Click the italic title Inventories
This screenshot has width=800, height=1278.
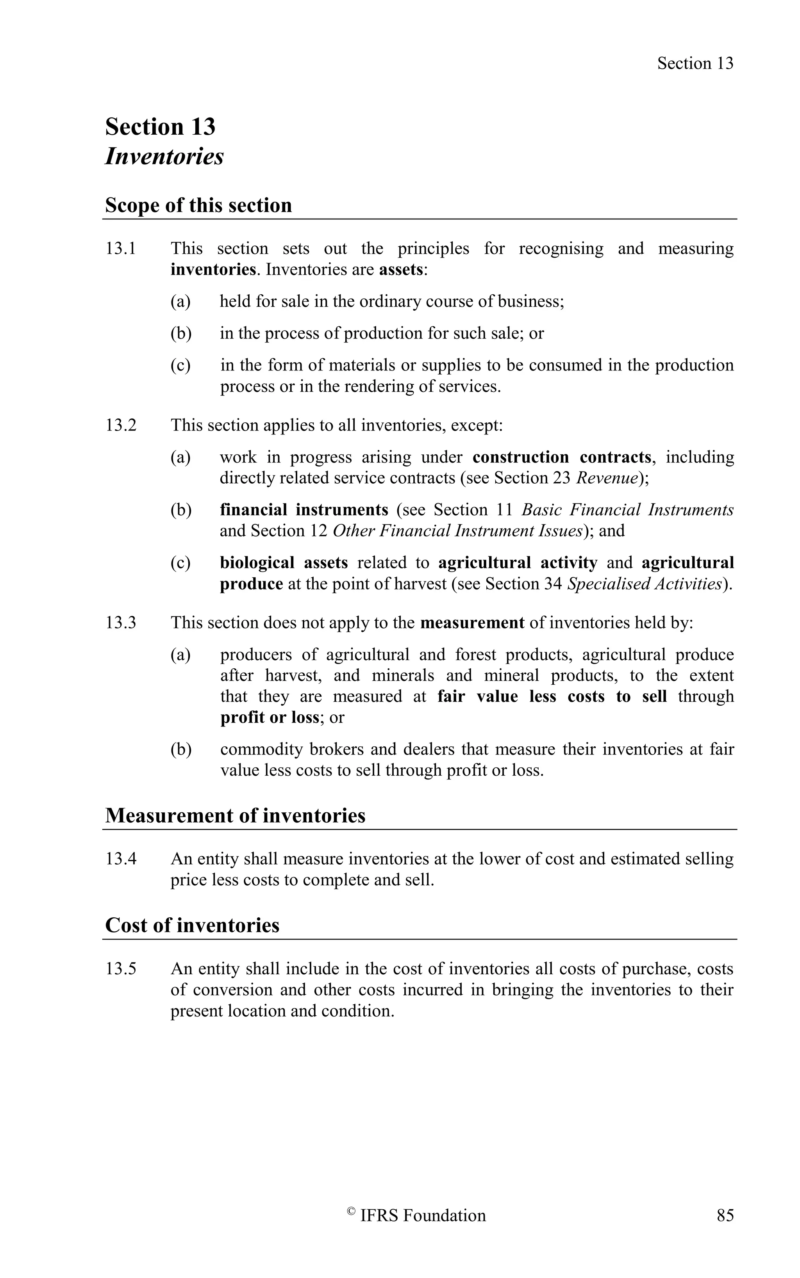(x=164, y=157)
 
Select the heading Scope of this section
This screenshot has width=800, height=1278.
(x=198, y=205)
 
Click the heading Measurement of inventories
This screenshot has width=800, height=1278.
(x=235, y=815)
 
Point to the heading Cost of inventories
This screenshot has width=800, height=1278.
(x=192, y=926)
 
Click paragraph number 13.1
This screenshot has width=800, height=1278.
(x=121, y=249)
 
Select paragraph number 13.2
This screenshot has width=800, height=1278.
(x=121, y=425)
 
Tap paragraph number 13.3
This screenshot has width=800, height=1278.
(x=121, y=622)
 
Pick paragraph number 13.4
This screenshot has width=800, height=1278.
(x=121, y=859)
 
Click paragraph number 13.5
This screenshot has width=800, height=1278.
(x=121, y=969)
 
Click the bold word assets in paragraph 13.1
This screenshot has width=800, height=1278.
(x=402, y=270)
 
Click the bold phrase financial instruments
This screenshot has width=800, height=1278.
(x=304, y=510)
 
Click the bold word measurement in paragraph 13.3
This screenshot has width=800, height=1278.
(x=472, y=622)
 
